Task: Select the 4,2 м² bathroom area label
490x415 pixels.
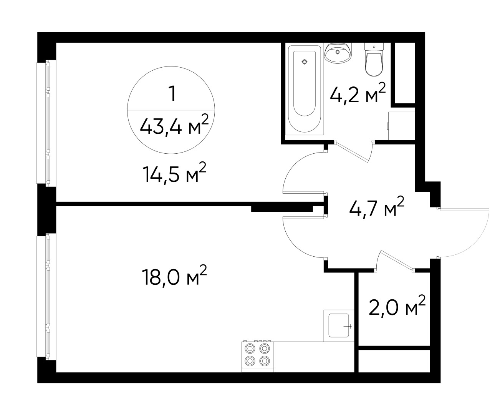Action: pyautogui.click(x=358, y=93)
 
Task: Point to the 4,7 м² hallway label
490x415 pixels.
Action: pyautogui.click(x=376, y=206)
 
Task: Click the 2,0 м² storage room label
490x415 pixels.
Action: pyautogui.click(x=397, y=305)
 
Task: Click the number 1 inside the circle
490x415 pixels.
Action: pyautogui.click(x=172, y=94)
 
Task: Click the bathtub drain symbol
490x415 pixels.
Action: pyautogui.click(x=305, y=62)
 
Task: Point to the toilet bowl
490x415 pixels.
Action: pyautogui.click(x=374, y=63)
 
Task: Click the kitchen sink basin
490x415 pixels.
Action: pyautogui.click(x=339, y=325)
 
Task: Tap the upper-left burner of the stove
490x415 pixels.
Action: pyautogui.click(x=249, y=349)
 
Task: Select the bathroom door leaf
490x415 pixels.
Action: pyautogui.click(x=351, y=152)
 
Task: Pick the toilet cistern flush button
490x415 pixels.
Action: pyautogui.click(x=374, y=47)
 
